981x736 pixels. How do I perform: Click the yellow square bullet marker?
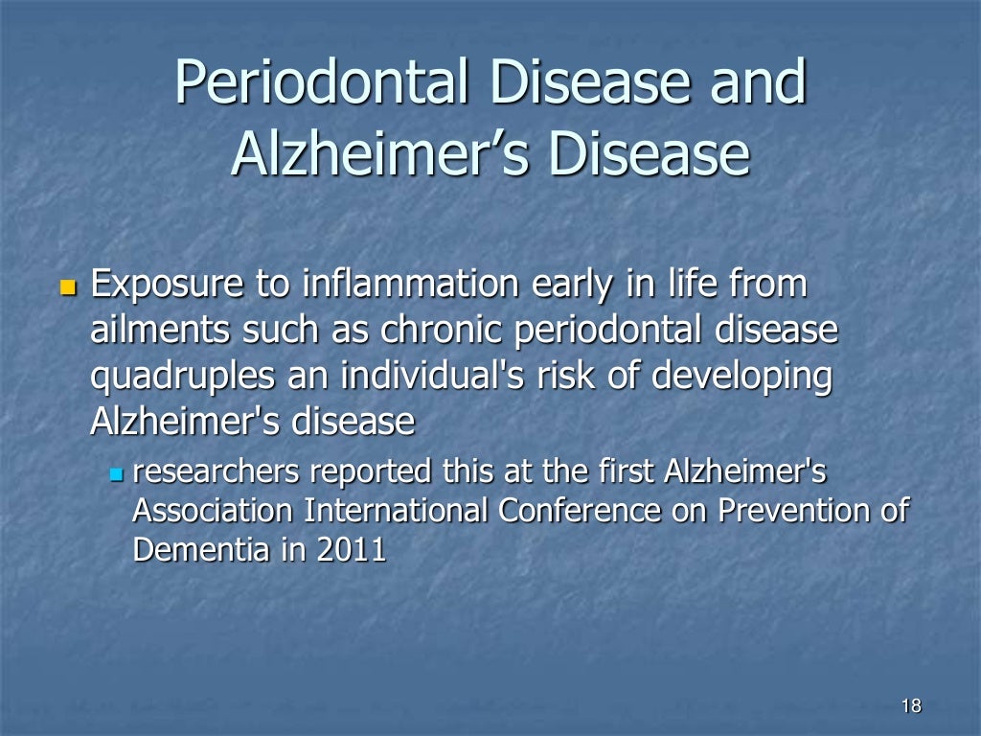click(x=67, y=287)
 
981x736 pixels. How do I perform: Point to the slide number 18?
click(x=911, y=706)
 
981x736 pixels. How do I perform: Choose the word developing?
click(x=742, y=377)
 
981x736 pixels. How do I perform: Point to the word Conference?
click(x=579, y=511)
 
